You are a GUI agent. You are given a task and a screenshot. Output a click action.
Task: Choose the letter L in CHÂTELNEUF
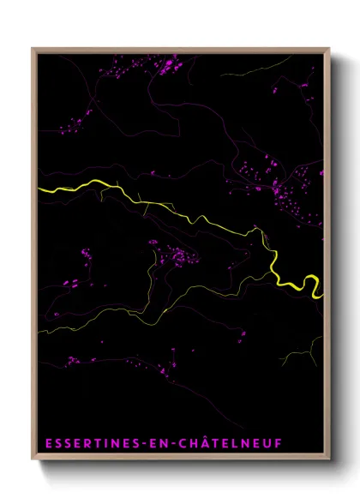231,444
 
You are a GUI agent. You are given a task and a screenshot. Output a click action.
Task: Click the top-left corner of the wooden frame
33,49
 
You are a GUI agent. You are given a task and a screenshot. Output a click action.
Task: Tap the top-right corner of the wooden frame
329,49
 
